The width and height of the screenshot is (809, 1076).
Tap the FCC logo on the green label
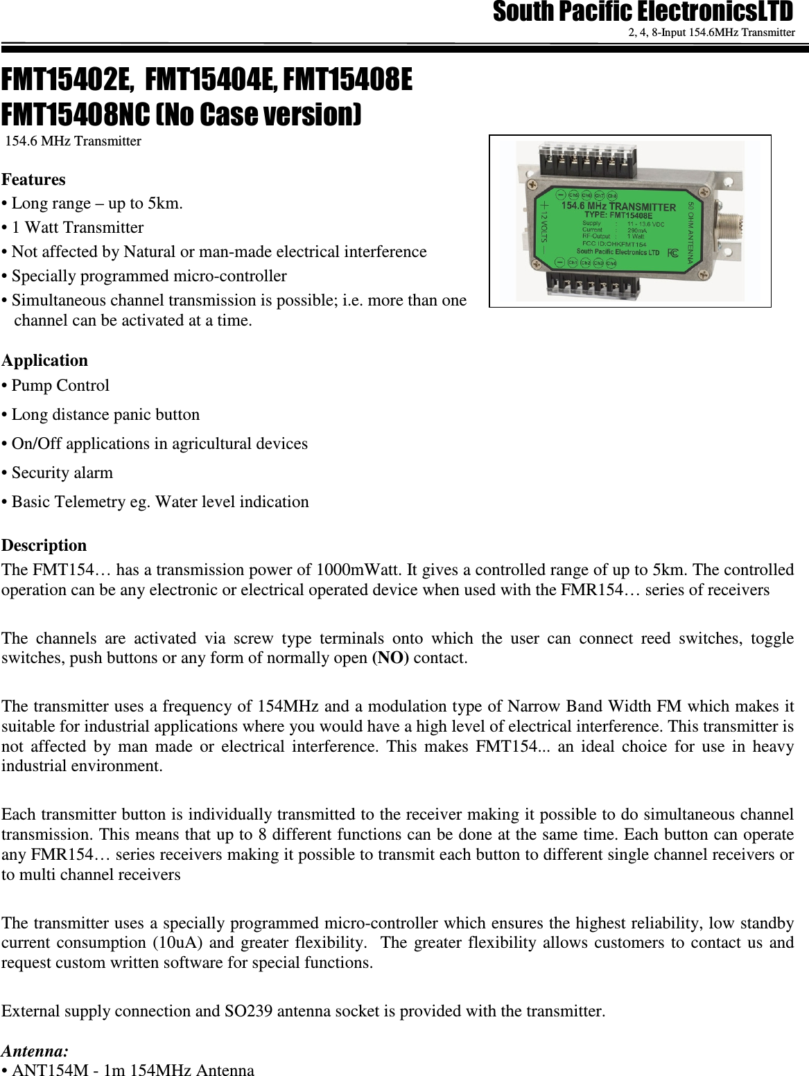pyautogui.click(x=672, y=252)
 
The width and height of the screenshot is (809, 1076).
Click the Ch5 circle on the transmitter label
pyautogui.click(x=573, y=195)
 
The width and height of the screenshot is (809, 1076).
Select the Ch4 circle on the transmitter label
pyautogui.click(x=611, y=263)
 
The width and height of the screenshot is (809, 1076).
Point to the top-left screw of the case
pyautogui.click(x=532, y=185)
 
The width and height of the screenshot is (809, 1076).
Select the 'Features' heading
pyautogui.click(x=34, y=179)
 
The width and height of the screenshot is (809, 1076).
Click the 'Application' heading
pyautogui.click(x=45, y=360)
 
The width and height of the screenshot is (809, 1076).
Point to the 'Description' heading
pyautogui.click(x=44, y=545)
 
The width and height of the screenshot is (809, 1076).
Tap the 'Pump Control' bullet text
pyautogui.click(x=60, y=385)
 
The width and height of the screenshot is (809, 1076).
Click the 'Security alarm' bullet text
pyautogui.click(x=62, y=473)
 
